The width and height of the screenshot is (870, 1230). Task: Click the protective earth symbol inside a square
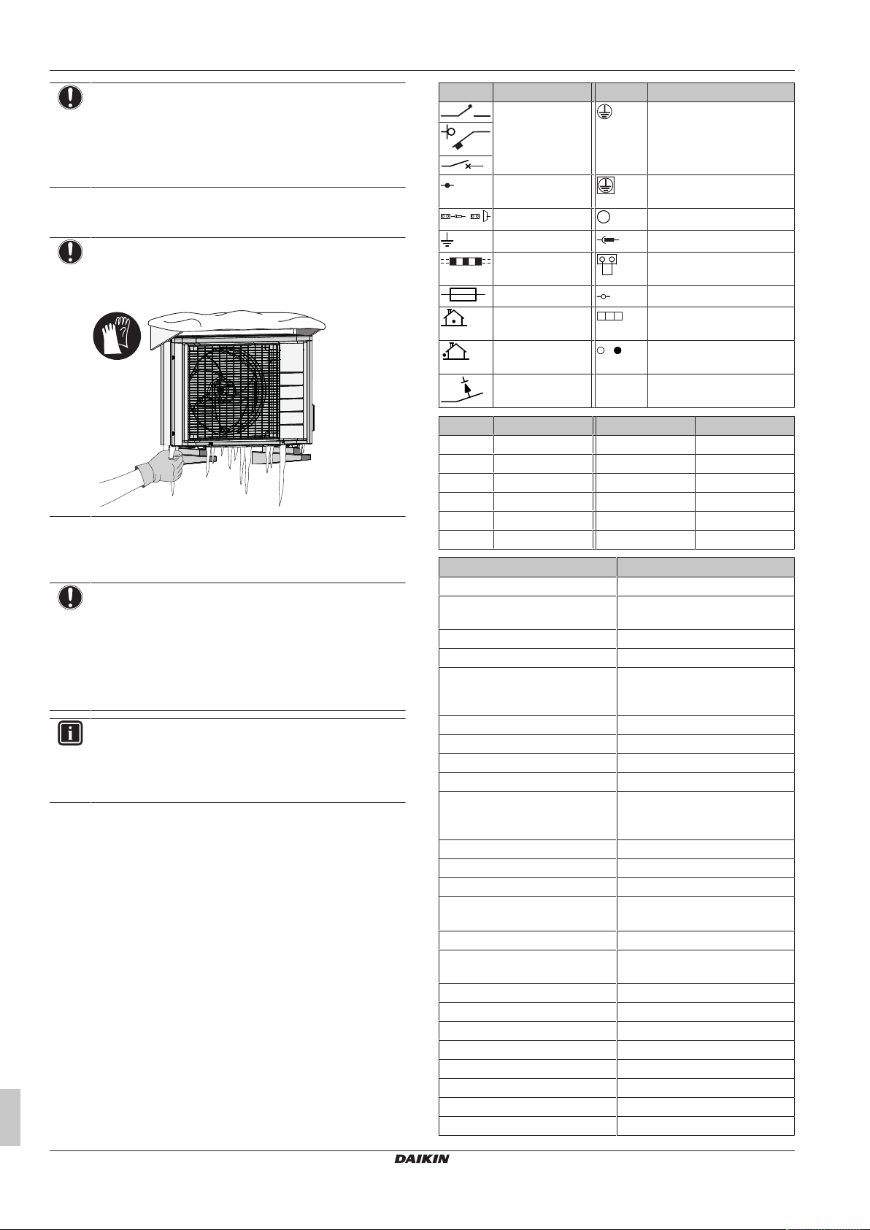point(606,186)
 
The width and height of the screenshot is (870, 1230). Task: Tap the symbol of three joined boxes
point(610,317)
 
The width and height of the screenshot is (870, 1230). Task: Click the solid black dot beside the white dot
point(617,350)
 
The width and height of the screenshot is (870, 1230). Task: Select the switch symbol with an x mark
point(465,165)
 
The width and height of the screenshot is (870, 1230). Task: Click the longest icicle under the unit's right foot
point(280,482)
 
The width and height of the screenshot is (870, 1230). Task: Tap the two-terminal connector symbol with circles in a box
point(607,264)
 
